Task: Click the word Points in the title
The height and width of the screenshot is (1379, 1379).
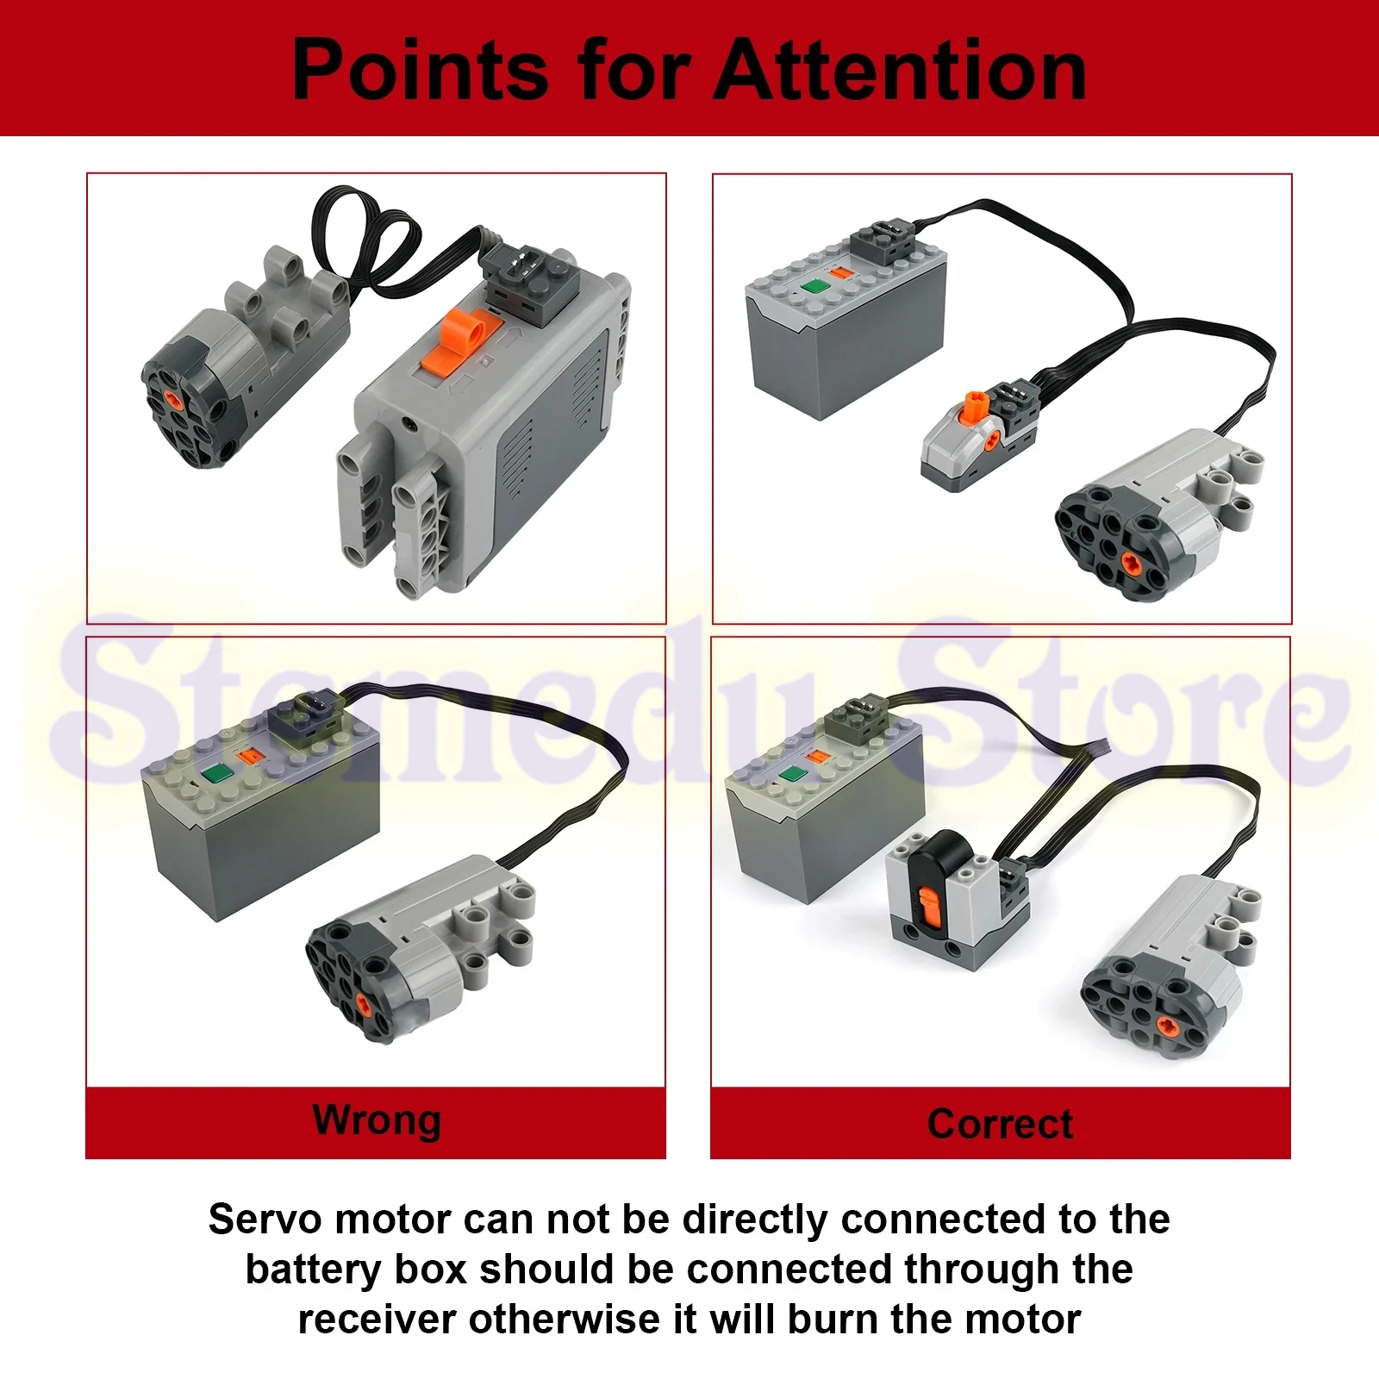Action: [420, 71]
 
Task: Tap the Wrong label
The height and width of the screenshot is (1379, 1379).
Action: [377, 1120]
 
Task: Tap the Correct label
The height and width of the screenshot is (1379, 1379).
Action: [1000, 1124]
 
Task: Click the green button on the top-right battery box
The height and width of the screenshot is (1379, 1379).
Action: [811, 289]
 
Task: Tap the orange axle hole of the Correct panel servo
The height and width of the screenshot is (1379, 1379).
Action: [1167, 1025]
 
